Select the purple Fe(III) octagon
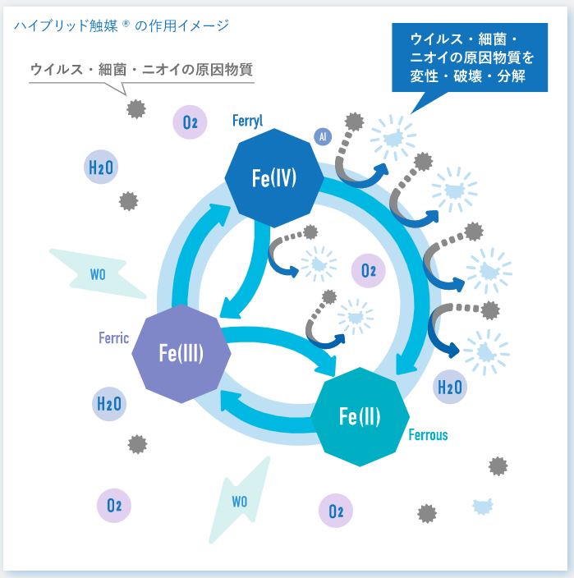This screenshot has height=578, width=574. [181, 353]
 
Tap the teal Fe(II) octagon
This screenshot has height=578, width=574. [360, 417]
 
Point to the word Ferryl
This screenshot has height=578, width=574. [247, 122]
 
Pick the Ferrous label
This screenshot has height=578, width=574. [428, 434]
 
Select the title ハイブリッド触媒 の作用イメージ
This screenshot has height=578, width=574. [121, 25]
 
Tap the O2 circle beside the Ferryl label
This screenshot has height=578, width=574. [191, 123]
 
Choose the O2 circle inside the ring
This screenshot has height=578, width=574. [368, 269]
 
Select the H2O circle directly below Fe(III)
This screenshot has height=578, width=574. [109, 404]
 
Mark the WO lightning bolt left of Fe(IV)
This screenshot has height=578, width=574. [97, 271]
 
